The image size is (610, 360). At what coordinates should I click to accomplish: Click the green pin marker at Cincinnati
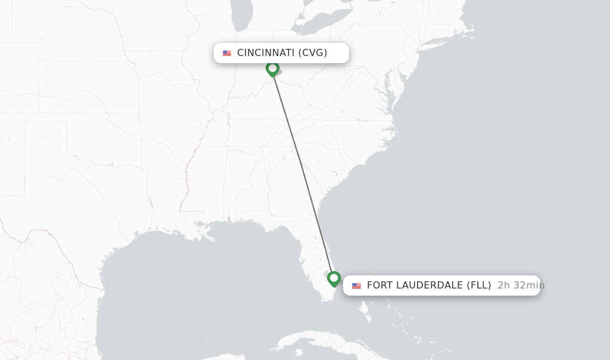[272, 69]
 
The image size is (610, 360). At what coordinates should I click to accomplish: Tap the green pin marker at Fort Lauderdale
[334, 278]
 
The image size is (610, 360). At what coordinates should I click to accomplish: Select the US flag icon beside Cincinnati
[227, 53]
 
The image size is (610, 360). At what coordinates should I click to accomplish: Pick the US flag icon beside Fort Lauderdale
[356, 285]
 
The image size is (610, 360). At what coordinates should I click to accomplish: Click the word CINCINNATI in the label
[265, 53]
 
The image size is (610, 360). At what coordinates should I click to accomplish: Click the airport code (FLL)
[478, 285]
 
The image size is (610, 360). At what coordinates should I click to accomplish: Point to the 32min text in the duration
[529, 285]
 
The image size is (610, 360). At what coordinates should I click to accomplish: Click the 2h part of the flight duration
[504, 285]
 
